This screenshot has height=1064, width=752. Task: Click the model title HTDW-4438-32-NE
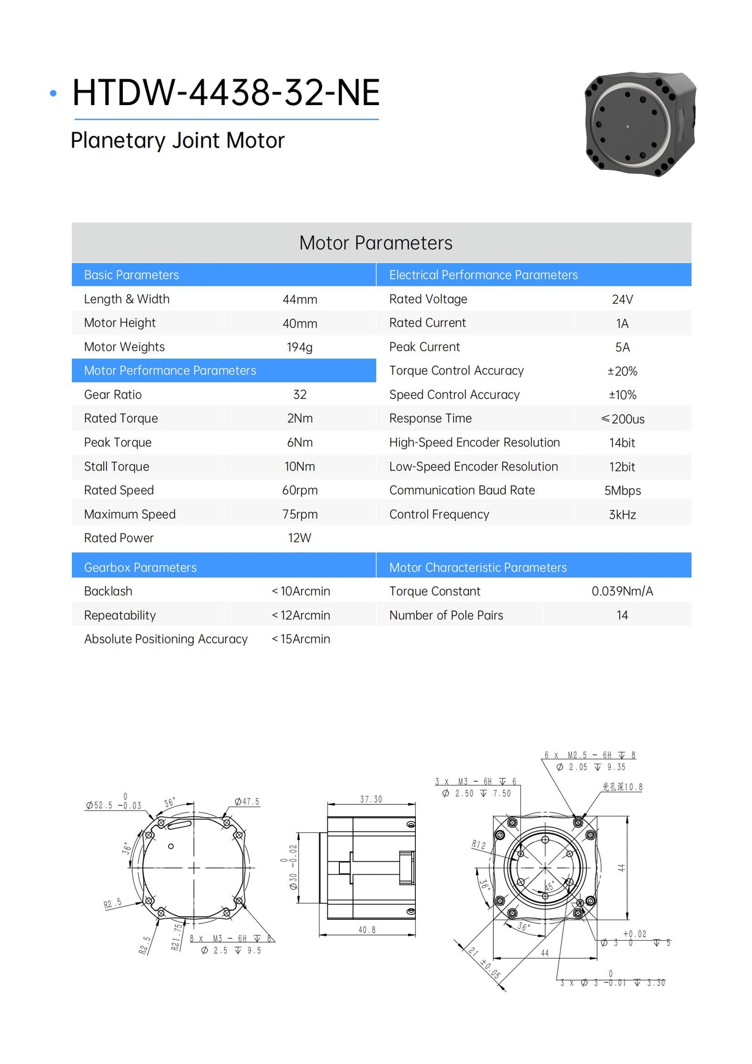tap(226, 93)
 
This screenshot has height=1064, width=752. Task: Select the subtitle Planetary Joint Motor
tap(177, 141)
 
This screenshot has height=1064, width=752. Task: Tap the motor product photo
tap(640, 124)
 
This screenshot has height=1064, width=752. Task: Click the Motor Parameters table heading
tap(376, 243)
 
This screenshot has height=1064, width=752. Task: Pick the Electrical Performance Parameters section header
tap(483, 275)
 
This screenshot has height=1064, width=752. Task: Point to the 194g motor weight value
tap(299, 347)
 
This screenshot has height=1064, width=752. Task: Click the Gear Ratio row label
tap(113, 395)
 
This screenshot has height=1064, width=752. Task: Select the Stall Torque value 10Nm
tap(299, 466)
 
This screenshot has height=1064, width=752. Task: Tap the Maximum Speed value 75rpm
tap(300, 514)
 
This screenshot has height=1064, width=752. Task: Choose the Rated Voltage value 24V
tap(622, 299)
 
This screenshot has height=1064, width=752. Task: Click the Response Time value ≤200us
tap(622, 419)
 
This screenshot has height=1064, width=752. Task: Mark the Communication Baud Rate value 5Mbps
tap(622, 490)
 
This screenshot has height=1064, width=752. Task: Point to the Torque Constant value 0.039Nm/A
tap(622, 591)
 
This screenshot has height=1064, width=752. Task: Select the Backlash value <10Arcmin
tap(301, 591)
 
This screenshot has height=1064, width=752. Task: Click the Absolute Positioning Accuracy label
tap(166, 639)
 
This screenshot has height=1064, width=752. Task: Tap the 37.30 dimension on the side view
tap(371, 799)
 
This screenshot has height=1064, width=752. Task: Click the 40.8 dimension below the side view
tap(367, 930)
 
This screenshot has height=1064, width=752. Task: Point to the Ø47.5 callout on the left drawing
tap(247, 802)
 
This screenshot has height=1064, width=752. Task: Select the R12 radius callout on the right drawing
tap(478, 844)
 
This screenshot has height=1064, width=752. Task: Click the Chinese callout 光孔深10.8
tap(622, 787)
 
